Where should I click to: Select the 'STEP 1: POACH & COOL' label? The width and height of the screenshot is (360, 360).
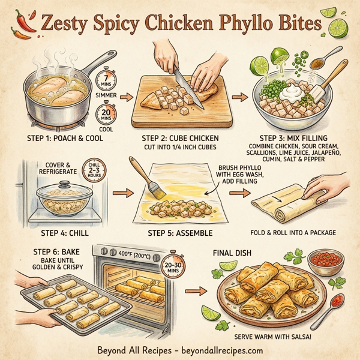tap(62, 138)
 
